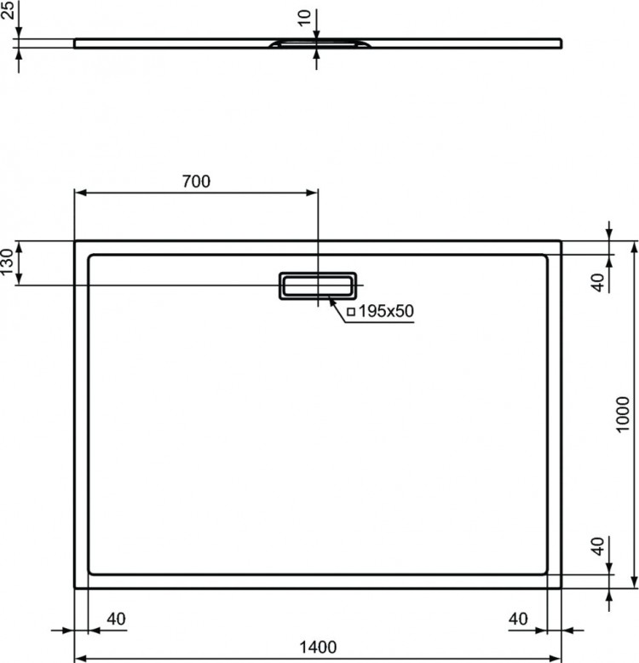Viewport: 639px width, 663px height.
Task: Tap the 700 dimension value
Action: click(196, 181)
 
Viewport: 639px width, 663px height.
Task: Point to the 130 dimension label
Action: click(8, 262)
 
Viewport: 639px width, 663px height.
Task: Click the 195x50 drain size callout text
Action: click(385, 312)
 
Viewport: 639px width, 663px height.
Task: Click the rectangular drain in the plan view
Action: click(316, 285)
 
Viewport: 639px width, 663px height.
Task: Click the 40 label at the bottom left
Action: click(117, 618)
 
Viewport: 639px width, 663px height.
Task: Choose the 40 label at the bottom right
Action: click(519, 618)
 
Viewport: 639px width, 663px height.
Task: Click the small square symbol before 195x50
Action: click(351, 312)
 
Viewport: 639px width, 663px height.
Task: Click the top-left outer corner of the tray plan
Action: click(75, 241)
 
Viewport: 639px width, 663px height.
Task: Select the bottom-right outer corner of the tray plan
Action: click(561, 588)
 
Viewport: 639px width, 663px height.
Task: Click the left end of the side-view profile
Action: click(76, 43)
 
